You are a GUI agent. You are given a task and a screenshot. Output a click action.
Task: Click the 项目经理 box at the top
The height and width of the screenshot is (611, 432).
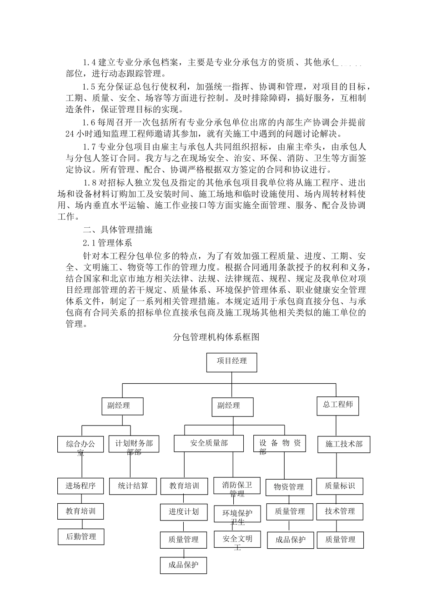[x=232, y=362]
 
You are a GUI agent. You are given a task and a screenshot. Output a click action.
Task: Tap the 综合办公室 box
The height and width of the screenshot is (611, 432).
[x=81, y=444]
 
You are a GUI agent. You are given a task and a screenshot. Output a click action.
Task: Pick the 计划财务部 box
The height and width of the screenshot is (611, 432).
[x=134, y=444]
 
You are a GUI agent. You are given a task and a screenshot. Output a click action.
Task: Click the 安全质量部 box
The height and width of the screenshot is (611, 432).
[x=209, y=443]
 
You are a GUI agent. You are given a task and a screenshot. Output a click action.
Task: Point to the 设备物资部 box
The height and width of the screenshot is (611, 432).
[x=280, y=443]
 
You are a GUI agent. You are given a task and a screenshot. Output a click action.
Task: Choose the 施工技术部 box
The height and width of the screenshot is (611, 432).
[x=344, y=444]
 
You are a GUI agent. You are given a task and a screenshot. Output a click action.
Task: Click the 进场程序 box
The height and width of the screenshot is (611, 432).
[x=81, y=486]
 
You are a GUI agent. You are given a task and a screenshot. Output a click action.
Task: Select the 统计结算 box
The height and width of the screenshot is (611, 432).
[x=133, y=486]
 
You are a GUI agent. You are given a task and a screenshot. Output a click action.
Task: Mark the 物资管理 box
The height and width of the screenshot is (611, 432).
[x=289, y=487]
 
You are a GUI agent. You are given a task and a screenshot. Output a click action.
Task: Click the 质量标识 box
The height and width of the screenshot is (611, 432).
[x=340, y=486]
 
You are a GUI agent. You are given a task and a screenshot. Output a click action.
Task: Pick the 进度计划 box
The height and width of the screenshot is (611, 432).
[x=184, y=512]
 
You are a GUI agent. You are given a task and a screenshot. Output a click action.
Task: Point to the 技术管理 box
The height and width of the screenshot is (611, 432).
[x=340, y=511]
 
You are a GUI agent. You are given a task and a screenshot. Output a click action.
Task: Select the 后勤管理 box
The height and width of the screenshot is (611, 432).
[x=81, y=537]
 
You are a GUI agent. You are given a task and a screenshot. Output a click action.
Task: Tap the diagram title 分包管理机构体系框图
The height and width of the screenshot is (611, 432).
[x=216, y=337]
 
